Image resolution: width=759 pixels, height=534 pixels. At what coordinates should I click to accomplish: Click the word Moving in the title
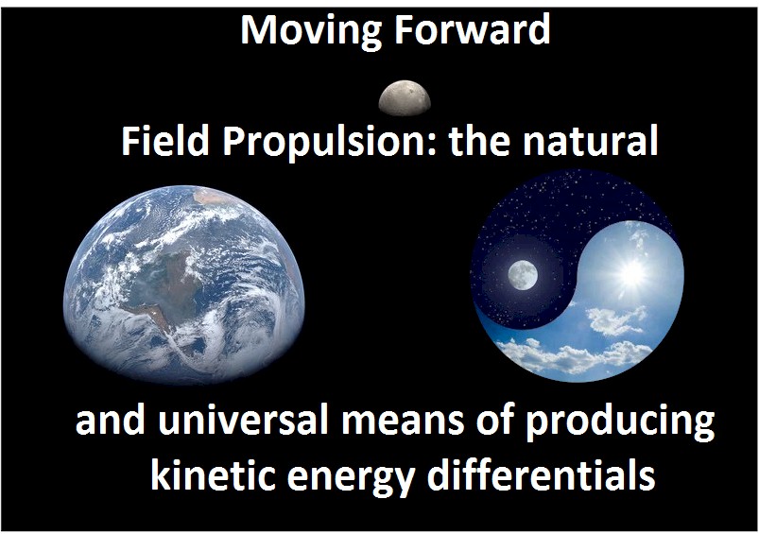(299, 30)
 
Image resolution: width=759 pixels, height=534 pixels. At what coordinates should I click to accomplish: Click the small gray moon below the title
(405, 97)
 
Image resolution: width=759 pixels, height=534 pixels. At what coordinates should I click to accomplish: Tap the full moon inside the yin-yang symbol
(522, 275)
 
